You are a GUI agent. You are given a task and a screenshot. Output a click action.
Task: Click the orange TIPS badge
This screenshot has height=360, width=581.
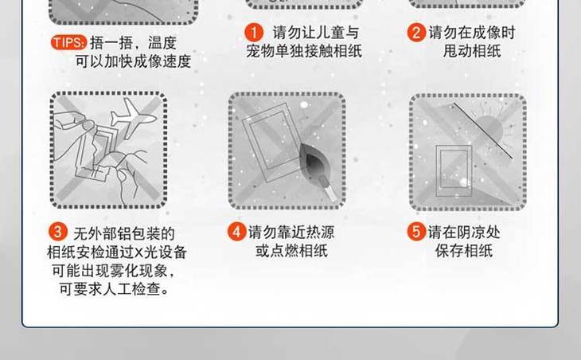pyautogui.click(x=69, y=43)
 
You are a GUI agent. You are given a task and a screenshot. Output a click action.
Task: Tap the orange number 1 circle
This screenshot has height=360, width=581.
pyautogui.click(x=254, y=33)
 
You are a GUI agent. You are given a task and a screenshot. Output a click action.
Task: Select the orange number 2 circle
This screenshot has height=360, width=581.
pyautogui.click(x=416, y=33)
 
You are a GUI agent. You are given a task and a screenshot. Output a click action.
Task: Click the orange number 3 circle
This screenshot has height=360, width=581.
pyautogui.click(x=58, y=232)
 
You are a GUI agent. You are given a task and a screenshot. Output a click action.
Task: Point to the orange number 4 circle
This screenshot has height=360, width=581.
pyautogui.click(x=237, y=232)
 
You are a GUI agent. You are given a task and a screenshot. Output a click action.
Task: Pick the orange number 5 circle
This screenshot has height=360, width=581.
pyautogui.click(x=416, y=232)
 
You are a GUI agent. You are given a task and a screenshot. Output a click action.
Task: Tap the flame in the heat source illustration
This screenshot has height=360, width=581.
pyautogui.click(x=312, y=163)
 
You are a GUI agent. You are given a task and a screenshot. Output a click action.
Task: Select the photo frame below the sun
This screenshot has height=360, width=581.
pyautogui.click(x=454, y=171)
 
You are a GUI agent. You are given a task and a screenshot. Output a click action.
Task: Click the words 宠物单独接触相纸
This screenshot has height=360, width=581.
pyautogui.click(x=304, y=51)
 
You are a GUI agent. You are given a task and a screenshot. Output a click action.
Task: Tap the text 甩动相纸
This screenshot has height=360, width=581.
pyautogui.click(x=472, y=51)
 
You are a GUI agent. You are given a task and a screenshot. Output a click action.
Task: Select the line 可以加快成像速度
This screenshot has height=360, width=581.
pyautogui.click(x=134, y=61)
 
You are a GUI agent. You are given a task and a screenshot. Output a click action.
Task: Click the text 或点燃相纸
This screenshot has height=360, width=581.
pyautogui.click(x=291, y=251)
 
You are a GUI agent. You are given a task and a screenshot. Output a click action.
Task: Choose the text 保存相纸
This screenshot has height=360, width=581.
pyautogui.click(x=464, y=251)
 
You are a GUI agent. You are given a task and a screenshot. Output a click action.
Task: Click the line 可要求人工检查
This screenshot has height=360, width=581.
pyautogui.click(x=114, y=289)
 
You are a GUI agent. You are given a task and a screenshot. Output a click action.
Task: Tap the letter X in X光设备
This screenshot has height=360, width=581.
pyautogui.click(x=138, y=252)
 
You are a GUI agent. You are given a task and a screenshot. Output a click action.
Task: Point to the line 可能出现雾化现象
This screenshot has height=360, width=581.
pyautogui.click(x=113, y=271)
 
